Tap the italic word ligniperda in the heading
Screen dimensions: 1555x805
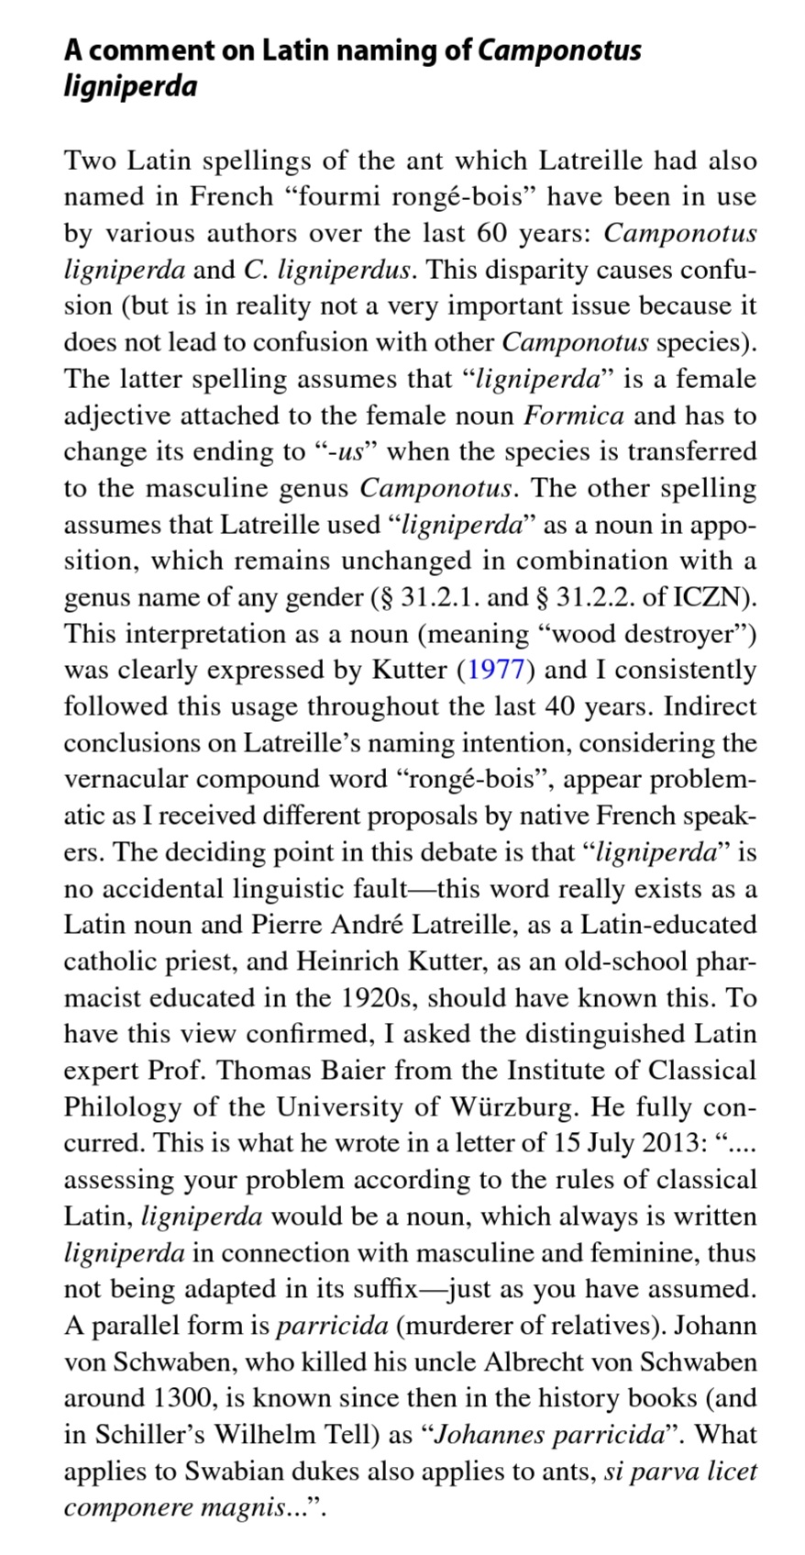[x=130, y=86]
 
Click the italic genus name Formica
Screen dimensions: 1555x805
[x=574, y=416]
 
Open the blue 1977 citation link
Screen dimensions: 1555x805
[x=495, y=671]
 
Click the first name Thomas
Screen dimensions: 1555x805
[x=265, y=1071]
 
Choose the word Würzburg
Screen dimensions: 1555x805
[x=513, y=1106]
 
